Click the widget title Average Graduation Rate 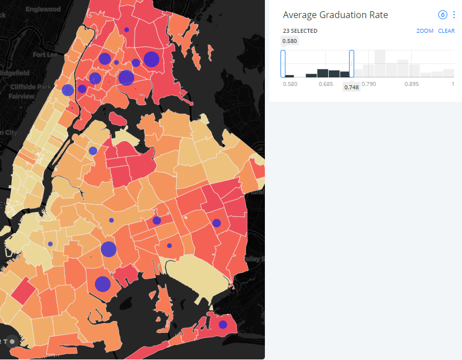(x=335, y=15)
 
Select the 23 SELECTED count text (x=300, y=31)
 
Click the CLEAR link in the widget (x=446, y=31)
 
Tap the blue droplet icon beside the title (x=443, y=15)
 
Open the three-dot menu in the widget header (x=454, y=15)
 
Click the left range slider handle (x=283, y=63)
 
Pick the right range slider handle (x=352, y=63)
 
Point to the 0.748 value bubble (x=351, y=86)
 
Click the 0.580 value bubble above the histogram (x=290, y=41)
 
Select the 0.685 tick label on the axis (x=326, y=84)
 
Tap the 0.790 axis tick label (x=369, y=84)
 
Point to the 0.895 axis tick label (x=412, y=84)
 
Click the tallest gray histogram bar (x=380, y=63)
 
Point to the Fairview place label (x=21, y=96)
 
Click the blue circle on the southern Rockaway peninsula (x=223, y=324)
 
